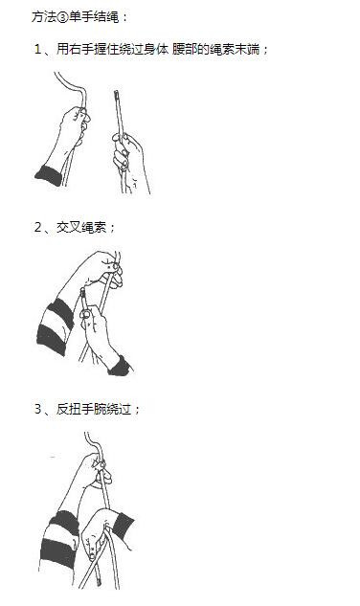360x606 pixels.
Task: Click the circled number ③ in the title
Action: [x=63, y=17]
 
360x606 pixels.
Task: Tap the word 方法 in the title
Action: [x=44, y=17]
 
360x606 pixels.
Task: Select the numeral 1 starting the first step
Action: [x=37, y=49]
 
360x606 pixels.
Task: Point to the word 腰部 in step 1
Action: [x=185, y=49]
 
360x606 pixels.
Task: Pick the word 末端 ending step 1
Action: [x=247, y=49]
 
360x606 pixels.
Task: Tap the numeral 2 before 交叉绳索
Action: [x=37, y=227]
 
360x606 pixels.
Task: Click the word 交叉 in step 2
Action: [x=68, y=227]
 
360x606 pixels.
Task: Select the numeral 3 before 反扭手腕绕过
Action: [x=37, y=409]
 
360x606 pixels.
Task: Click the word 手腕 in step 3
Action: [x=94, y=409]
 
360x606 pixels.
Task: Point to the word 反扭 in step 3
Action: [x=68, y=409]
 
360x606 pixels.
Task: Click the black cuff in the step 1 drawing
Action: [x=49, y=175]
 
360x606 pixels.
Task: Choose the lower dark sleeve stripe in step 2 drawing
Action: [x=52, y=339]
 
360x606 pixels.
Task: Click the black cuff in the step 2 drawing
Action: [x=121, y=366]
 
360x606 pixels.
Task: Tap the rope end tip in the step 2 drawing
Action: [x=82, y=291]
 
